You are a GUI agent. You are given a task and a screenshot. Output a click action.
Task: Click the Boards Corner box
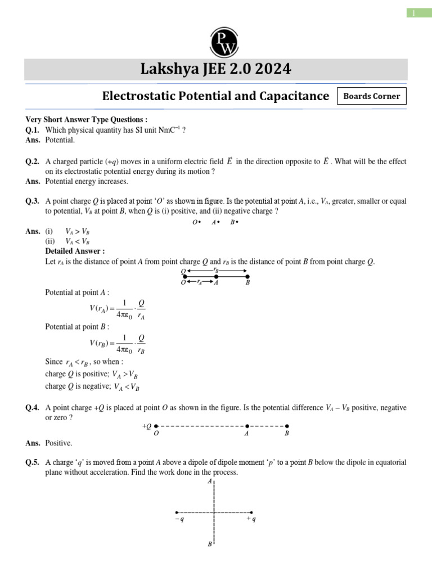tap(371, 96)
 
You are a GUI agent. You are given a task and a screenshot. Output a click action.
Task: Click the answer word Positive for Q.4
tap(58, 443)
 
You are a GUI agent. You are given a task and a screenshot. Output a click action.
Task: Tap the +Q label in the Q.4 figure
tap(147, 426)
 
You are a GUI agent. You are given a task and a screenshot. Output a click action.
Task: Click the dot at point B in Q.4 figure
tap(287, 426)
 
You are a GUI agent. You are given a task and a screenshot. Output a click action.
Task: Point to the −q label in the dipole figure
tap(179, 520)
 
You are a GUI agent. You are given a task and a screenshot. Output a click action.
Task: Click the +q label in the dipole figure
tap(251, 520)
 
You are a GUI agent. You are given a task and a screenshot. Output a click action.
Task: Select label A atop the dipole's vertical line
tap(210, 482)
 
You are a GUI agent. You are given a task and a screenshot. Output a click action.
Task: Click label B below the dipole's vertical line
tap(210, 545)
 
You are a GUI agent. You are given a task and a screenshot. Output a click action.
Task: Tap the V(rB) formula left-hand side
tap(101, 343)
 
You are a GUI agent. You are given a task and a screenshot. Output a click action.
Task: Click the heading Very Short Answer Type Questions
tap(87, 119)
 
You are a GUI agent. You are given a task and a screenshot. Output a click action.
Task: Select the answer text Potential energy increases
tap(87, 182)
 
